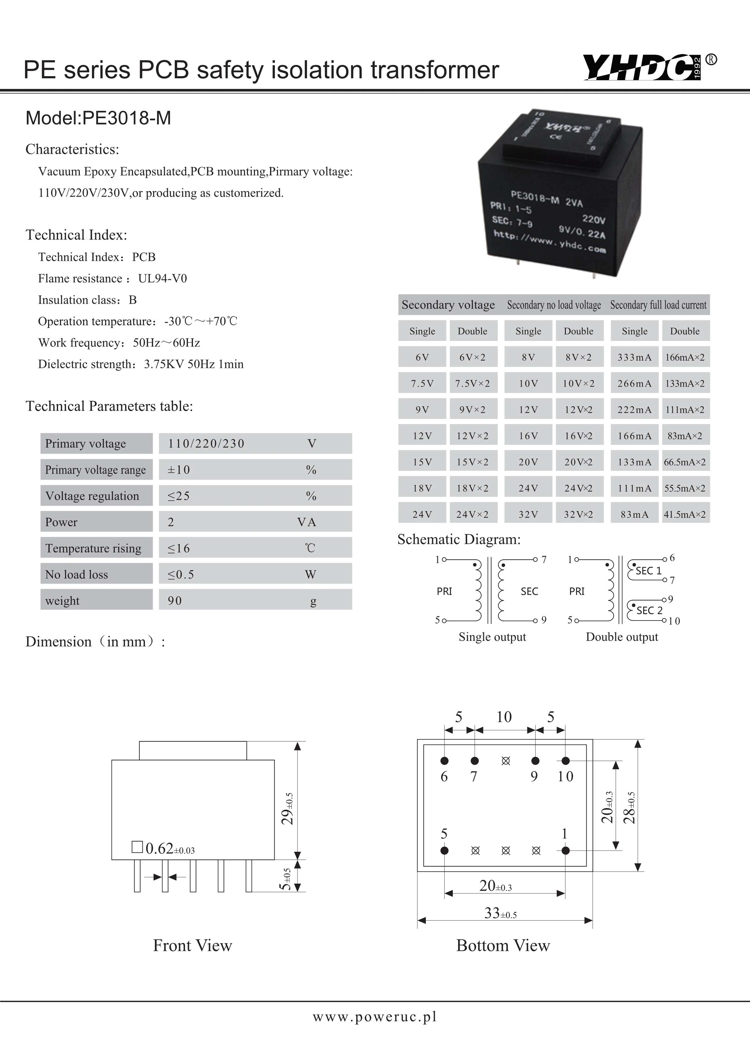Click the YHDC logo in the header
pyautogui.click(x=642, y=67)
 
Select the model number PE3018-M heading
pyautogui.click(x=98, y=118)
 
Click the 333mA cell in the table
pyautogui.click(x=634, y=357)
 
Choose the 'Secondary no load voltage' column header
pyautogui.click(x=554, y=305)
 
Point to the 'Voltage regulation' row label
pyautogui.click(x=92, y=496)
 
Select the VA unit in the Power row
pyautogui.click(x=307, y=522)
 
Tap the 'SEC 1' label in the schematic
pyautogui.click(x=648, y=571)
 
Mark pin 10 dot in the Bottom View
pyautogui.click(x=566, y=761)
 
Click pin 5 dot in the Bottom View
pyautogui.click(x=444, y=851)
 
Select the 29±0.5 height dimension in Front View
pyautogui.click(x=287, y=809)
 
